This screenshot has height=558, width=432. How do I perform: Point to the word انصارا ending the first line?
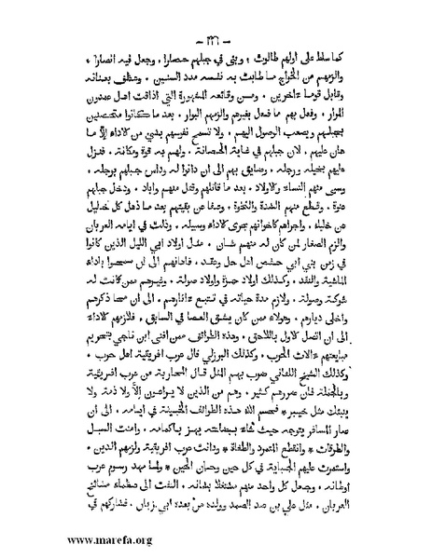point(102,49)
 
